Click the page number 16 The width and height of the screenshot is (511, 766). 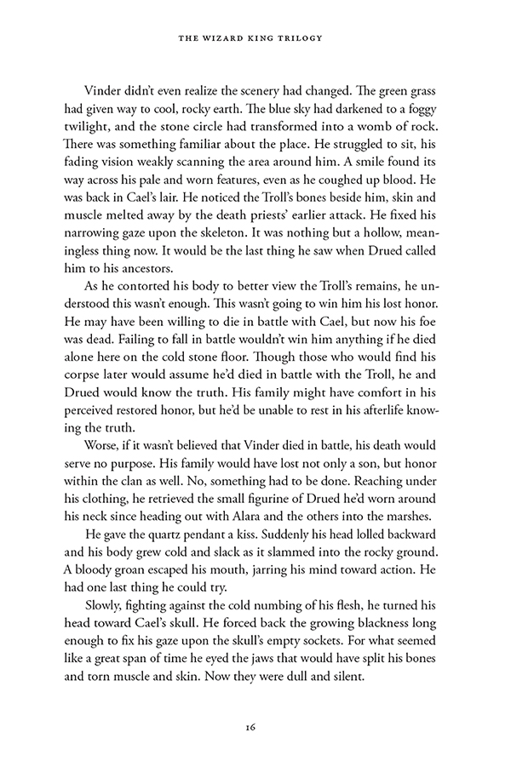[x=255, y=726]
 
